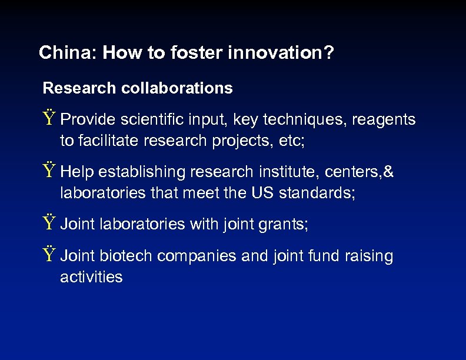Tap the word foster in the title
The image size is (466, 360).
[195, 53]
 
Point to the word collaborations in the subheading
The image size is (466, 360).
[177, 88]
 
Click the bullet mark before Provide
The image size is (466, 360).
[49, 119]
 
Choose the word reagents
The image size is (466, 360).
[384, 120]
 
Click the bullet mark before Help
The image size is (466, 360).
[49, 172]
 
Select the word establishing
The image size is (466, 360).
[139, 172]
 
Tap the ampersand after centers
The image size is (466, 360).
[388, 172]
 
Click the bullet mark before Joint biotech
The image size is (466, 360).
[49, 256]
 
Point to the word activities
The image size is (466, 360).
[91, 277]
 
